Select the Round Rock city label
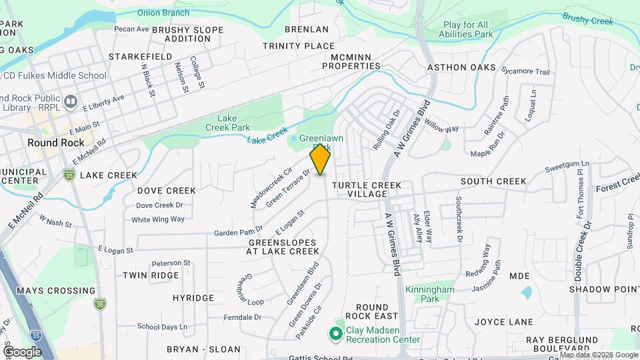click(56, 143)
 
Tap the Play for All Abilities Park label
click(468, 29)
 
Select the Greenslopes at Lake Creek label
click(283, 247)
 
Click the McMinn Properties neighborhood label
click(351, 61)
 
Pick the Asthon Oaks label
click(461, 67)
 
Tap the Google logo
click(22, 351)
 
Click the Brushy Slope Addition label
click(187, 34)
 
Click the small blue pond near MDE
click(527, 292)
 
